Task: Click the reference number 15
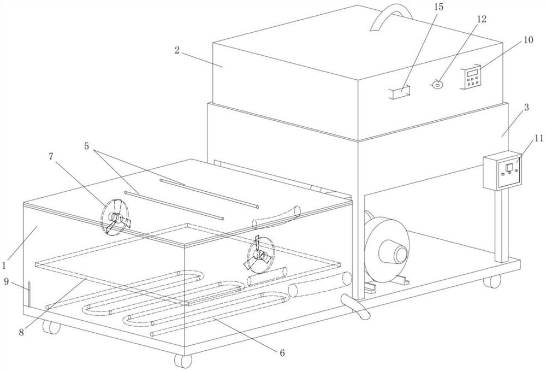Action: point(439,7)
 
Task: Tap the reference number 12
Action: point(481,19)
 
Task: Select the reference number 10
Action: point(528,40)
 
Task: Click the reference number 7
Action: point(51,157)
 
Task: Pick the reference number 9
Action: point(6,281)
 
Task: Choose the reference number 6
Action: point(282,352)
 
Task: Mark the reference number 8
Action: point(22,332)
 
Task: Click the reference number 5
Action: point(87,146)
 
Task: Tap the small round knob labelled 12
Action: point(437,84)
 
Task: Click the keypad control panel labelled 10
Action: point(472,78)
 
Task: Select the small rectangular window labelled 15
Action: point(400,93)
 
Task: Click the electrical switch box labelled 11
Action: point(503,170)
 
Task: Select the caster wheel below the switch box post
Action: point(492,281)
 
